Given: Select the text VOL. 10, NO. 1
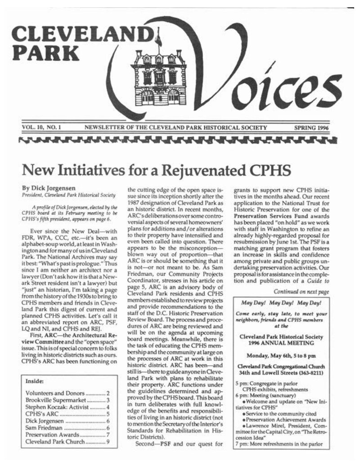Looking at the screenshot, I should coord(42,128).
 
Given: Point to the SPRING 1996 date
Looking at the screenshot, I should coord(311,128).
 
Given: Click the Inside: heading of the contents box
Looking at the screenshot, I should coord(35,381).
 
